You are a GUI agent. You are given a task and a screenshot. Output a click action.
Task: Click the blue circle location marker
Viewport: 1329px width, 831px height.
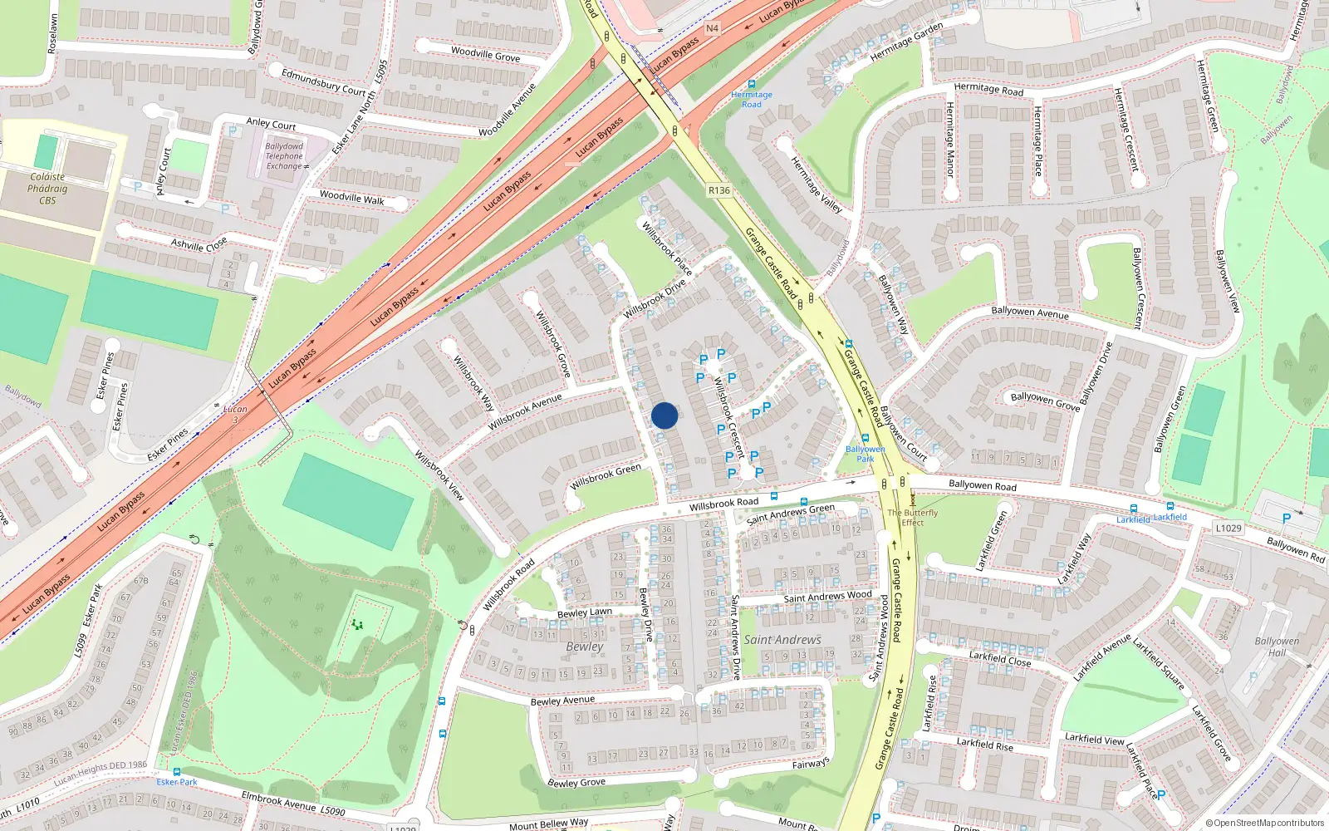(664, 415)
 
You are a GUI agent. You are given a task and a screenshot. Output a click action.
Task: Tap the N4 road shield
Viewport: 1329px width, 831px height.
(712, 28)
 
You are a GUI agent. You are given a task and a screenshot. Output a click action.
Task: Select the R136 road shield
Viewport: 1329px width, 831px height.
(719, 190)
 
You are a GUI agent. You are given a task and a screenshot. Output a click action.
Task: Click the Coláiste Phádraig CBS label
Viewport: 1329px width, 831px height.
(47, 189)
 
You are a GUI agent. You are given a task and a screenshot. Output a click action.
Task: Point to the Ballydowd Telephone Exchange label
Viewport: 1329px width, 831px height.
(284, 156)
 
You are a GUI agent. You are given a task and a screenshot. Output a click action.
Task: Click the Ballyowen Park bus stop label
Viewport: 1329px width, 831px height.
(865, 454)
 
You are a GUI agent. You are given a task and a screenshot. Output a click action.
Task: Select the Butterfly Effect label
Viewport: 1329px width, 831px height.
(912, 518)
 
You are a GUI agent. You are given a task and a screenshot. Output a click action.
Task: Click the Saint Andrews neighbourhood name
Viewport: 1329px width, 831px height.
(782, 640)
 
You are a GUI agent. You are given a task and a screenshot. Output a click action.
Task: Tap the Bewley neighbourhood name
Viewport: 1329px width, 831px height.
(585, 647)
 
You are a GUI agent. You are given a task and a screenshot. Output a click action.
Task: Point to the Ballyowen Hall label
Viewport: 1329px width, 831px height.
(1277, 647)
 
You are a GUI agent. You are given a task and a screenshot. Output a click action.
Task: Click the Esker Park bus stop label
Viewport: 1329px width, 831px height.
(177, 782)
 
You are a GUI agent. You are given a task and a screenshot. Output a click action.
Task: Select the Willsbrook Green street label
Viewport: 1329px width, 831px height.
(606, 477)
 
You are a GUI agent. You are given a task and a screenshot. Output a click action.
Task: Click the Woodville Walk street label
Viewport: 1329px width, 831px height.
(352, 199)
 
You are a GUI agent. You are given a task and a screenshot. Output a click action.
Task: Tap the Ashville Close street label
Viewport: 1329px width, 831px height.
(199, 244)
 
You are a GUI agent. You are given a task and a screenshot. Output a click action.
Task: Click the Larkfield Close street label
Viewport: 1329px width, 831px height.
(1000, 659)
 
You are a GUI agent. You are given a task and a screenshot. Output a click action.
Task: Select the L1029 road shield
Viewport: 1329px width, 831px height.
(1228, 528)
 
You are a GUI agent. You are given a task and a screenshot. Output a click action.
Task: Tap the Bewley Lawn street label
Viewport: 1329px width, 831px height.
(585, 613)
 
